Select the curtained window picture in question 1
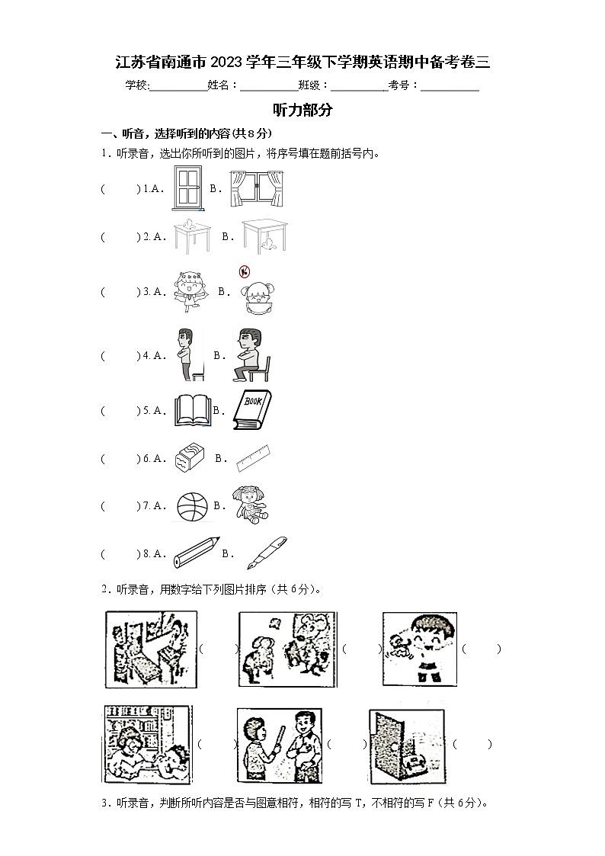[258, 188]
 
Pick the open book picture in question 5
[190, 410]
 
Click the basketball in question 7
[191, 506]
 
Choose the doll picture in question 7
[249, 505]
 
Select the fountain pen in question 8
[266, 553]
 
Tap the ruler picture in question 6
[254, 459]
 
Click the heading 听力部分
[302, 110]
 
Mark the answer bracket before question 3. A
[120, 291]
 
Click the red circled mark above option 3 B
[244, 272]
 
